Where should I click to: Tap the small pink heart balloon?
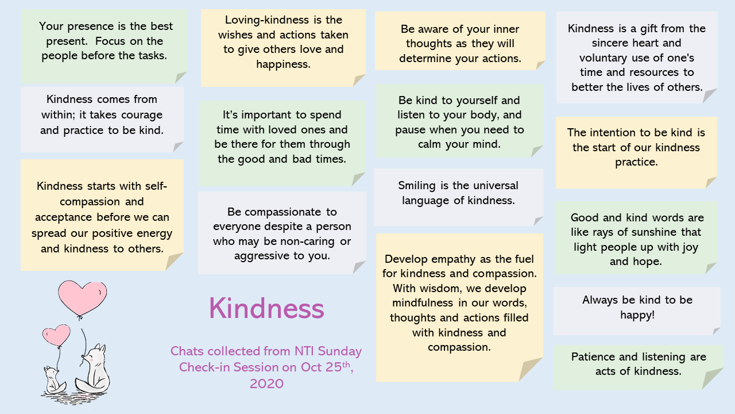[56, 335]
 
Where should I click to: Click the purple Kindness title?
[266, 308]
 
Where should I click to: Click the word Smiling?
[417, 186]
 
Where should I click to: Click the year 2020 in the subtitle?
[266, 384]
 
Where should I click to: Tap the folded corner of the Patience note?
[713, 379]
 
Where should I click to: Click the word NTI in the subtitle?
[304, 351]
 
